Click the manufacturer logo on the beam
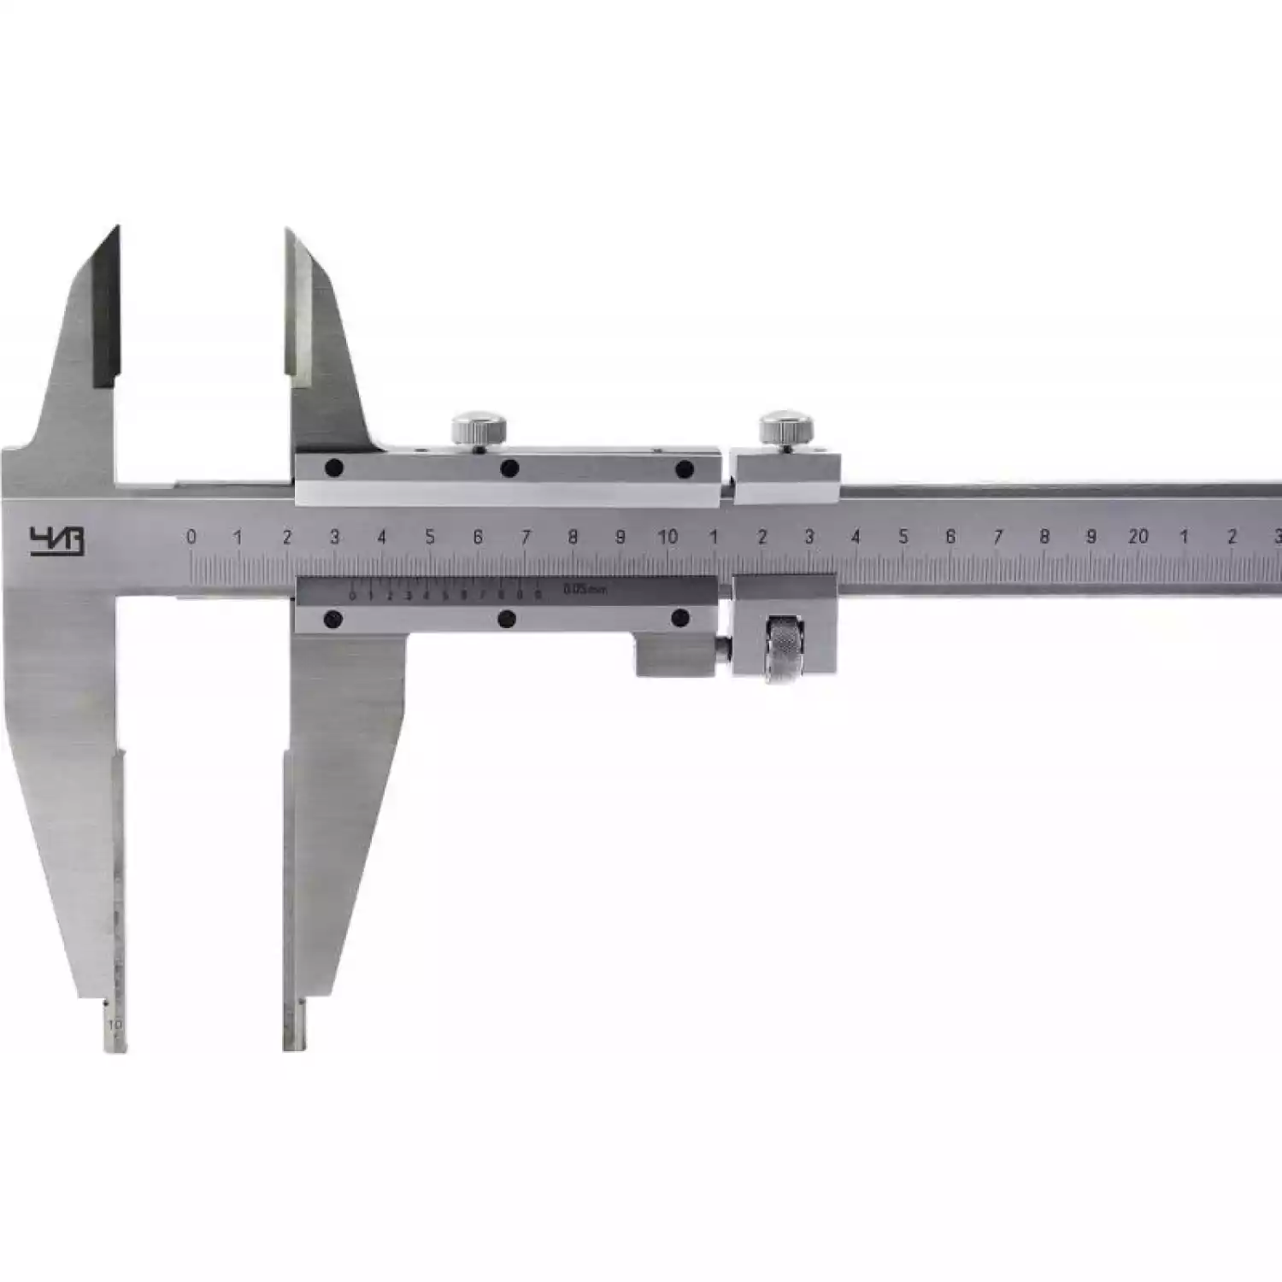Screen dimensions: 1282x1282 [57, 541]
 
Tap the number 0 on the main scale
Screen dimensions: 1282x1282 [191, 537]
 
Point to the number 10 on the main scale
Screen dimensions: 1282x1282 [667, 537]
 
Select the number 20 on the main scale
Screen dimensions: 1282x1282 [1138, 537]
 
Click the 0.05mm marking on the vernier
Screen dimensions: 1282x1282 [585, 588]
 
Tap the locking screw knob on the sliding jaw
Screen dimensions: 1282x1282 [479, 427]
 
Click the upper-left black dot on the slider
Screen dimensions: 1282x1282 [334, 468]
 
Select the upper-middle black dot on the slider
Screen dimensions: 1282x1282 [510, 468]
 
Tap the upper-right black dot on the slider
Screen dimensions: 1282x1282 [684, 469]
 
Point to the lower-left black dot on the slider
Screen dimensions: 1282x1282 [333, 619]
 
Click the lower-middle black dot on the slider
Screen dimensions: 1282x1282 [507, 619]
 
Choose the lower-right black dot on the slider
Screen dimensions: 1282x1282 [681, 618]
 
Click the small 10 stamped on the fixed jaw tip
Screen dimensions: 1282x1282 [116, 1023]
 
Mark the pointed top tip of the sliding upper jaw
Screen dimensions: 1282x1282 [288, 231]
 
